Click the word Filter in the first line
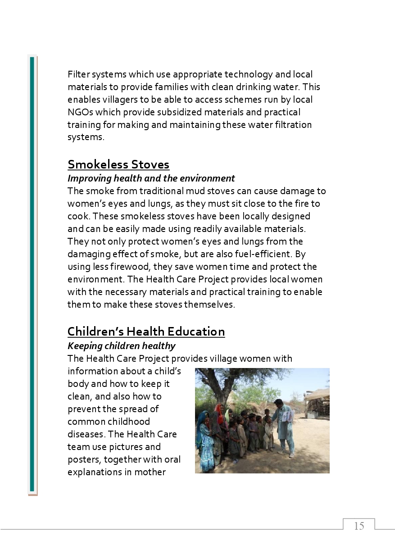point(78,74)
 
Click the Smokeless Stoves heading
point(118,164)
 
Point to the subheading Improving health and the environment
point(151,178)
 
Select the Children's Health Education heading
point(146,332)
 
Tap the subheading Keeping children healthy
point(121,346)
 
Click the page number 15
point(359,526)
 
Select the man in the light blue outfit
point(284,428)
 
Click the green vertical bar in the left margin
point(32,275)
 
